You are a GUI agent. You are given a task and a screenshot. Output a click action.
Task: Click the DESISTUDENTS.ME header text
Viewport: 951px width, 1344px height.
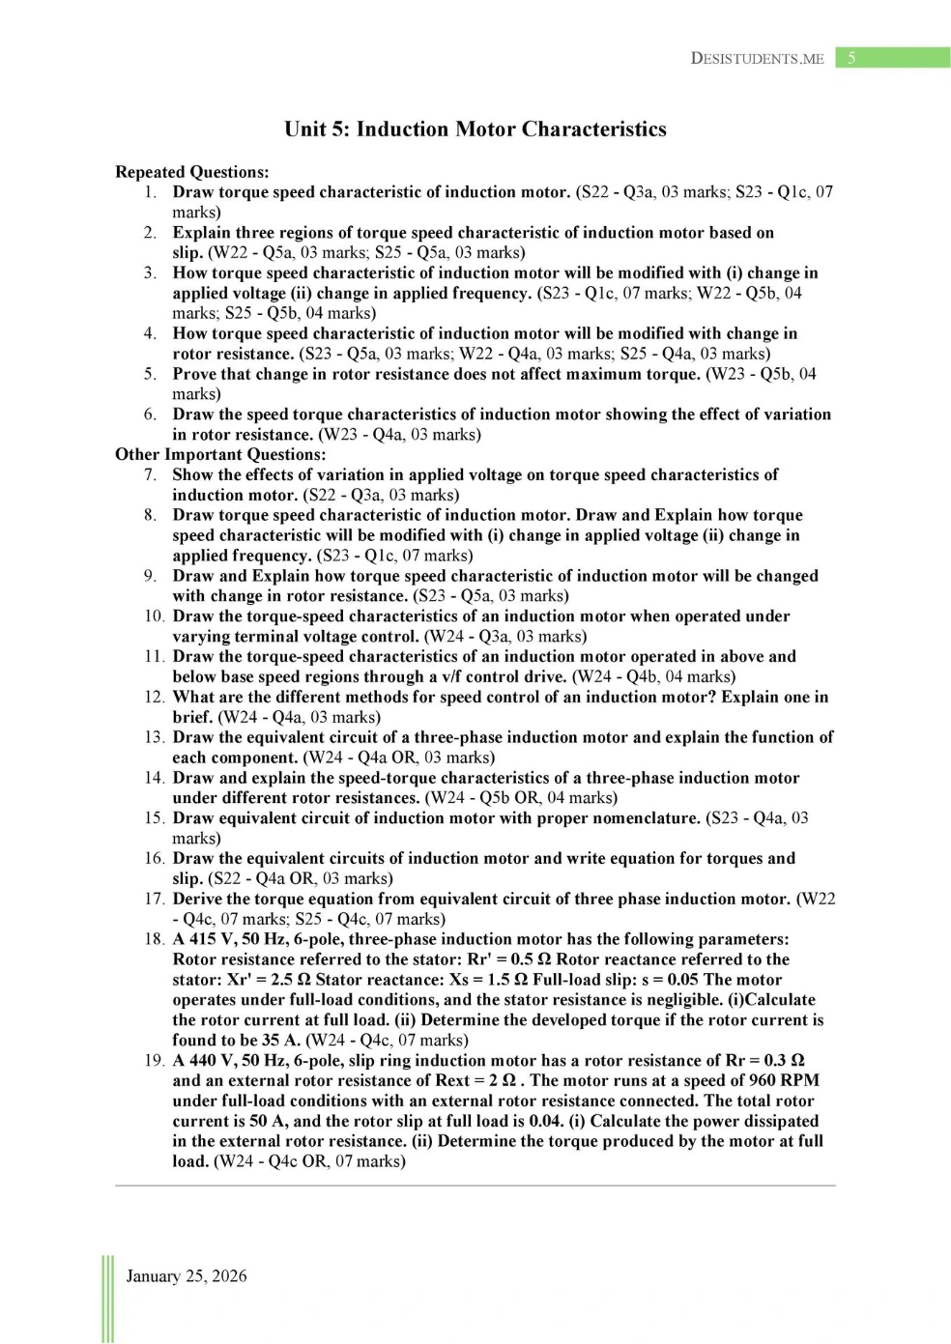tap(757, 58)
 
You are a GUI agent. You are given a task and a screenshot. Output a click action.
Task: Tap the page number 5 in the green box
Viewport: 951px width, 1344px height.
tap(851, 58)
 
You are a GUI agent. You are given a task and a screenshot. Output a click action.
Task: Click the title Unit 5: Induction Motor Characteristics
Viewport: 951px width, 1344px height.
tap(475, 129)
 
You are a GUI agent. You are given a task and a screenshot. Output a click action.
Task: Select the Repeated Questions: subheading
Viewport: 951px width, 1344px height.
tap(192, 172)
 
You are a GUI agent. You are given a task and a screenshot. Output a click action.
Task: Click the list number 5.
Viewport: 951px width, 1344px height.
tap(151, 374)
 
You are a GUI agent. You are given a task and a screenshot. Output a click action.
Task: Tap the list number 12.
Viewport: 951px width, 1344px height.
tap(154, 697)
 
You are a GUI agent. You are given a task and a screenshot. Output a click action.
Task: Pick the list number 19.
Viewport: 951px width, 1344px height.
tap(154, 1060)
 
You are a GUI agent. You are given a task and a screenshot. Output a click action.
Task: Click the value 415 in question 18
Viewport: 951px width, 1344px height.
tap(203, 939)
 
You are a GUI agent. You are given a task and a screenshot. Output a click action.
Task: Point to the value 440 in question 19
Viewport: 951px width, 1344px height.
tap(203, 1060)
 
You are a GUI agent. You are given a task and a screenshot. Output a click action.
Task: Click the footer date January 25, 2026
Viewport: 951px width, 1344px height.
tap(187, 1275)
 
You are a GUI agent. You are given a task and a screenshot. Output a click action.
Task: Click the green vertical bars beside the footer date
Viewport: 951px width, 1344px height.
tap(106, 1299)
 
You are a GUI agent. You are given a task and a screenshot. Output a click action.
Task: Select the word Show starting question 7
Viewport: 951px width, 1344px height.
tap(192, 474)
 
